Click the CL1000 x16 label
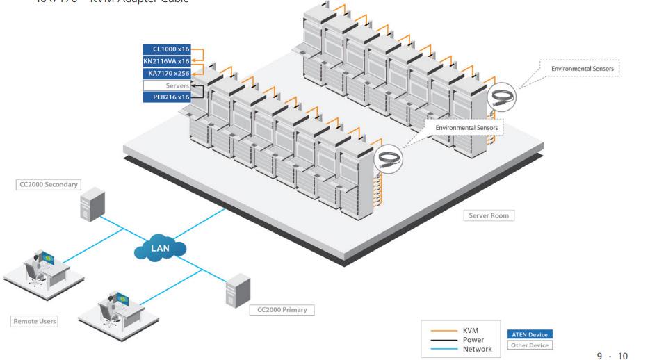[167, 49]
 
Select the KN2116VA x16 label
[167, 61]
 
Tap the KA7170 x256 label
[167, 73]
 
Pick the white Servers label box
[167, 85]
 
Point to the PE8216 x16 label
[167, 97]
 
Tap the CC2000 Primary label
[282, 309]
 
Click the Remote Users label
[34, 322]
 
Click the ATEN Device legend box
[530, 334]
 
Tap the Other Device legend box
[530, 345]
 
